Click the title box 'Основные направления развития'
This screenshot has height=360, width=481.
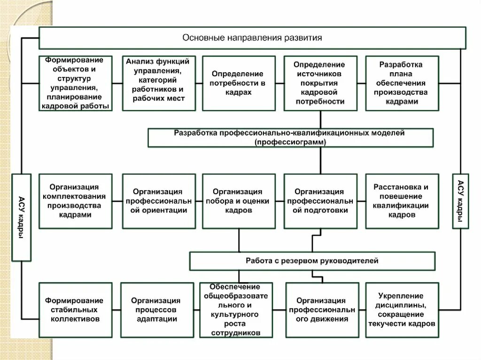[x=252, y=38]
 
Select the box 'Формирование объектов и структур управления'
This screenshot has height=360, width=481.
[x=75, y=83]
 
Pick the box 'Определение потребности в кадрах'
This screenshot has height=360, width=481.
[x=239, y=83]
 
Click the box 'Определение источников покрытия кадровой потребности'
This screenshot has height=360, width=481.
[x=320, y=83]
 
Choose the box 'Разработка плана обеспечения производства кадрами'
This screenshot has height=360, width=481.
[x=402, y=83]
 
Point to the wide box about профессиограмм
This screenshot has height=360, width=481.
[x=290, y=138]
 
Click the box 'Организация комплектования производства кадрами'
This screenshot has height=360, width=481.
[x=75, y=201]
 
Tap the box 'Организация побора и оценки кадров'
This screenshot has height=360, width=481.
[x=239, y=201]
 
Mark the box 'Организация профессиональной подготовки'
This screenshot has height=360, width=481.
[x=320, y=201]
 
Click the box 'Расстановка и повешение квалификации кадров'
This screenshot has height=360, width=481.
[x=402, y=201]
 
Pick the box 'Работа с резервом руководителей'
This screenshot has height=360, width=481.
[x=312, y=260]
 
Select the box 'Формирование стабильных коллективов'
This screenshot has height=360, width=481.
[x=75, y=310]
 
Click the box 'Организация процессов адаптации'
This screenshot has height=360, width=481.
[x=157, y=310]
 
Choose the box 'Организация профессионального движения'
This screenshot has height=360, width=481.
[x=322, y=310]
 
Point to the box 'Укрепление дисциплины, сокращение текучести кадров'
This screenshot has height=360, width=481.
[x=402, y=310]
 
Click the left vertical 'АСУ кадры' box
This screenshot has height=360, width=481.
[x=21, y=217]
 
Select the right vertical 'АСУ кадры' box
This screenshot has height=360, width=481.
[x=460, y=200]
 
